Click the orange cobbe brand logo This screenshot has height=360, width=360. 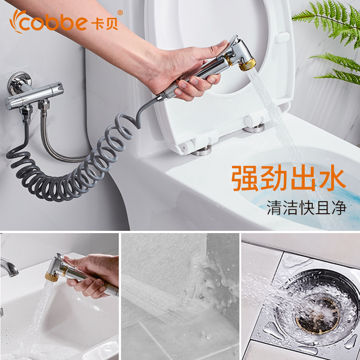click(x=64, y=21)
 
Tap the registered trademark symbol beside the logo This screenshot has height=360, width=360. click(x=120, y=13)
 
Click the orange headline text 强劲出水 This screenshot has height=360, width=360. click(x=288, y=178)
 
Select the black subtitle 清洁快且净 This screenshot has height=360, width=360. click(x=306, y=207)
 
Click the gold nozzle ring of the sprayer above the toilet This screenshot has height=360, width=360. click(x=247, y=64)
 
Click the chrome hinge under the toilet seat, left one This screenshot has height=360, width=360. click(x=202, y=150)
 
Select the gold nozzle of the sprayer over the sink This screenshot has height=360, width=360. click(x=50, y=276)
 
